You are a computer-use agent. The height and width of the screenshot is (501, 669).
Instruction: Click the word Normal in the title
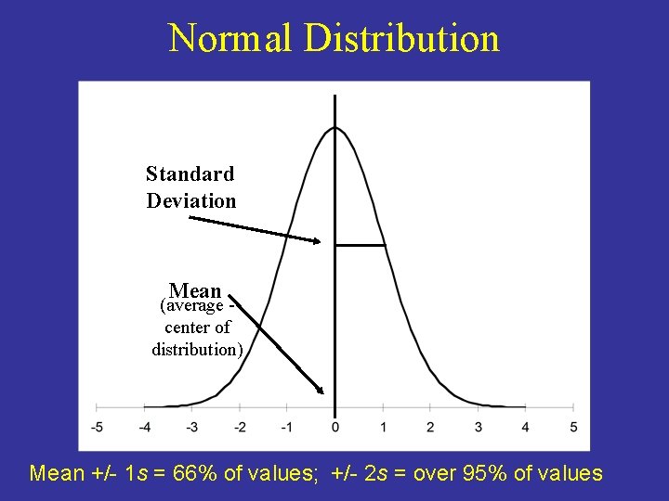[230, 39]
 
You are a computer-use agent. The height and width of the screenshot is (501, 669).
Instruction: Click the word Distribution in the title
[401, 39]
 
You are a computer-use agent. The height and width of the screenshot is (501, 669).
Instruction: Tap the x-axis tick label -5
[97, 427]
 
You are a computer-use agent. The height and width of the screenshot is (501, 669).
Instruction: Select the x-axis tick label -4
[144, 427]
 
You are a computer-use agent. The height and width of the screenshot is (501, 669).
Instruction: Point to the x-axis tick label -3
[191, 427]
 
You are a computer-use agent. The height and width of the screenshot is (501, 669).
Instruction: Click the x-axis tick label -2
[239, 427]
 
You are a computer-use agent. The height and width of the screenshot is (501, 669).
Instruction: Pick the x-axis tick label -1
[286, 427]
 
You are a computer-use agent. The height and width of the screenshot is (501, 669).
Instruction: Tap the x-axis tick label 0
[334, 427]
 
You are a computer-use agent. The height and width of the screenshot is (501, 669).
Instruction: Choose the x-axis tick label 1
[383, 427]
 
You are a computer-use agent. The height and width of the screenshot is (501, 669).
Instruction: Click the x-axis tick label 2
[430, 427]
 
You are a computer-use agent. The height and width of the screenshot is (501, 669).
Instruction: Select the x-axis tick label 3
[478, 427]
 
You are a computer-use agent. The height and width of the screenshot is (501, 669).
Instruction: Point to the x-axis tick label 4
[526, 427]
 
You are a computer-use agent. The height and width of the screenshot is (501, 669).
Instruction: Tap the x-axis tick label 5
[573, 427]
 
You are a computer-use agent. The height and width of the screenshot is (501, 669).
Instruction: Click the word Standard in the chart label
[190, 173]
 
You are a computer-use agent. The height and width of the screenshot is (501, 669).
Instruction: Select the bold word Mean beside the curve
[195, 290]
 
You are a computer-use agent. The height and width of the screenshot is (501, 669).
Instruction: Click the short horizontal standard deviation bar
[360, 245]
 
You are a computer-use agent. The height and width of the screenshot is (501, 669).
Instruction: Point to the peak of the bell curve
[334, 128]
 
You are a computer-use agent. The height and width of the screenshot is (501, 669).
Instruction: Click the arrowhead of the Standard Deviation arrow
[316, 241]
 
